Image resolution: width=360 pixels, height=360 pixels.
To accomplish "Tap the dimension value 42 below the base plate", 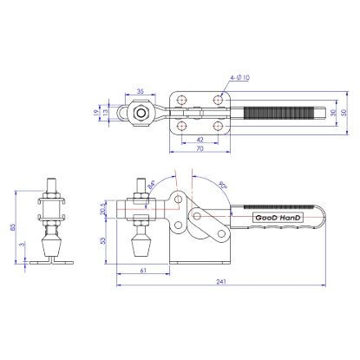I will pyautogui.click(x=200, y=139).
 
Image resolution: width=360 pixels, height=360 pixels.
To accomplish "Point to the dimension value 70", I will pyautogui.click(x=200, y=149).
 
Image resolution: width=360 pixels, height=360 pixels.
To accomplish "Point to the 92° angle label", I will pyautogui.click(x=223, y=185).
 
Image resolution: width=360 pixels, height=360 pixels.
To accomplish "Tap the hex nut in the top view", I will pyautogui.click(x=141, y=112).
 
